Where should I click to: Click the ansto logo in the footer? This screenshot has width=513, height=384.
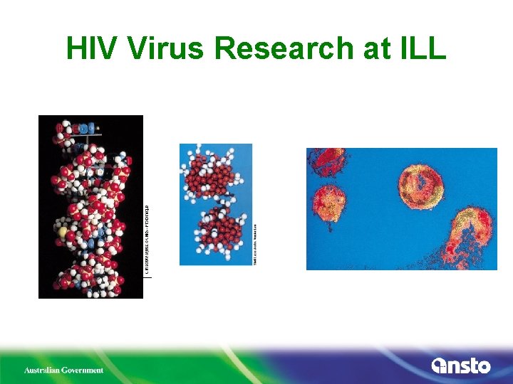(461, 366)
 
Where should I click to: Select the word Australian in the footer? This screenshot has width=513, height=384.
(43, 370)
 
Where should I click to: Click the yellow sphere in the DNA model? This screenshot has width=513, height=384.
(63, 231)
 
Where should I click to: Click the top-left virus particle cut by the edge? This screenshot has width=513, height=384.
(328, 161)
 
